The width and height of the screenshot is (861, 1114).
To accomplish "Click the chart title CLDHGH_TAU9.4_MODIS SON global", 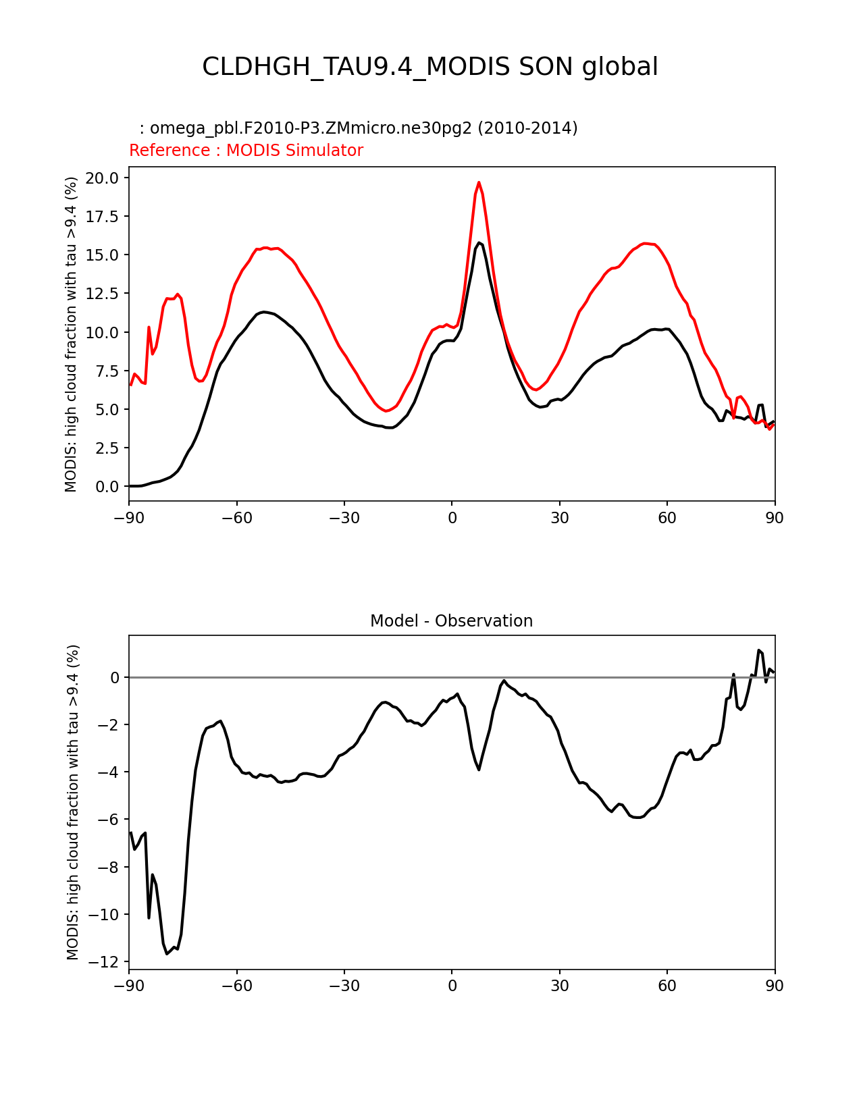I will click(430, 67).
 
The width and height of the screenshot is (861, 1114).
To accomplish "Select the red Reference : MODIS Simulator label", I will click(246, 151).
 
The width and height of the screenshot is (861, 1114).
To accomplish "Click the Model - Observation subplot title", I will click(451, 621).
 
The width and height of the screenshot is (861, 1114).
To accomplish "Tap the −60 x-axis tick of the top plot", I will click(236, 518).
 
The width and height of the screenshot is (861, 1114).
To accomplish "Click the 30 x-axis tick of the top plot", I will click(559, 518).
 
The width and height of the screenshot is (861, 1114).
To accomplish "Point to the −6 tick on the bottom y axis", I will click(110, 820).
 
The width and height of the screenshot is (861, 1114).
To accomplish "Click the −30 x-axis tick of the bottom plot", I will click(344, 986).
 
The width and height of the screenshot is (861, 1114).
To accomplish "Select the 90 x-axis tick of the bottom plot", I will click(775, 986).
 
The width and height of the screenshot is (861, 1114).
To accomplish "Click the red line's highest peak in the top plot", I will click(479, 182).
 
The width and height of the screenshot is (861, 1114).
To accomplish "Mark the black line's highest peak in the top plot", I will click(479, 242).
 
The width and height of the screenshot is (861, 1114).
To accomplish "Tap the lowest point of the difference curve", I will click(167, 953).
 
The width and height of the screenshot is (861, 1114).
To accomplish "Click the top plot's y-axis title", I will click(72, 334).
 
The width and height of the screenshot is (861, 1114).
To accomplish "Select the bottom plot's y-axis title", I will click(73, 802).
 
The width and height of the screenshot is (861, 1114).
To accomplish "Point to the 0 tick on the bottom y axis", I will click(115, 677).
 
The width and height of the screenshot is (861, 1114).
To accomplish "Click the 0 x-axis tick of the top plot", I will click(452, 518).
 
